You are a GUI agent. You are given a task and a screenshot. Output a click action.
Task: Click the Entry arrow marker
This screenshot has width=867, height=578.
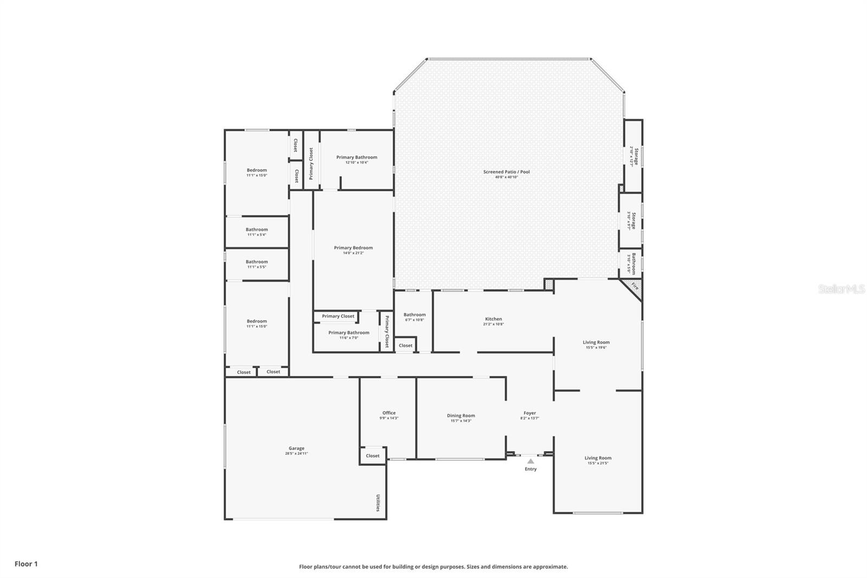530,461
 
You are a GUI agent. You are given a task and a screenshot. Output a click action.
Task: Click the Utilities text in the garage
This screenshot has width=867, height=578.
378,502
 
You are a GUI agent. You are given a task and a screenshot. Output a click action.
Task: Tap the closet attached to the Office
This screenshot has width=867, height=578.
373,456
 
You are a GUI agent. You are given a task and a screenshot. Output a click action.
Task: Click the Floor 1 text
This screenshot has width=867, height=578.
26,564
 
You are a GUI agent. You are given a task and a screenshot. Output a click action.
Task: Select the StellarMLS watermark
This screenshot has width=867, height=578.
841,290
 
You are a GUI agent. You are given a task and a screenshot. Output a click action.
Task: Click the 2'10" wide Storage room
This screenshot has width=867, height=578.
634,156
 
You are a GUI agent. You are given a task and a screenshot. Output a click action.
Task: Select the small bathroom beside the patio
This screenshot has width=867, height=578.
631,264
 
